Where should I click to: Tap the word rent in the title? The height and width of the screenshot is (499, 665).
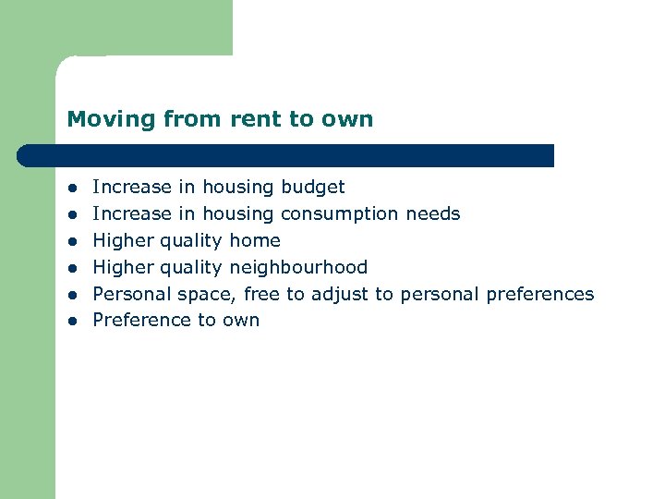tap(252, 119)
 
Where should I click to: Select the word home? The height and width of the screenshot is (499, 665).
tap(255, 241)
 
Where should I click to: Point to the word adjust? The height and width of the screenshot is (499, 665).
tap(340, 295)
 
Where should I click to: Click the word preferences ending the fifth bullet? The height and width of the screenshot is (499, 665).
tap(539, 295)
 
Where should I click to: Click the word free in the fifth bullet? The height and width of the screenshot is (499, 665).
tap(261, 295)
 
